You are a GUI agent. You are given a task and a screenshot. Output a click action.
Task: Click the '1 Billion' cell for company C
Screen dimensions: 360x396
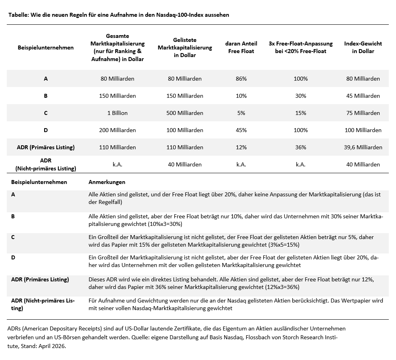[117, 113]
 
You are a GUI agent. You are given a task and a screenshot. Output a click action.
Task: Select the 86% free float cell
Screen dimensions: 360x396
[241, 79]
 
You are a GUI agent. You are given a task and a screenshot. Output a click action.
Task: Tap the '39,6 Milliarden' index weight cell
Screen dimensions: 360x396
[363, 147]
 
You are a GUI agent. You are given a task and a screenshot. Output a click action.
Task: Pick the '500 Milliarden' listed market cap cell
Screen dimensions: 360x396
[185, 113]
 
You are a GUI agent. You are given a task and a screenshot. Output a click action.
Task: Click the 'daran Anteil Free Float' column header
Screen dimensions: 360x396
[241, 47]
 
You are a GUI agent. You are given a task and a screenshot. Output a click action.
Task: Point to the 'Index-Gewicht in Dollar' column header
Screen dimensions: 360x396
[363, 47]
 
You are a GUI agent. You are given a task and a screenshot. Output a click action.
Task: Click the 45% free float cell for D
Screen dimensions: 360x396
[241, 130]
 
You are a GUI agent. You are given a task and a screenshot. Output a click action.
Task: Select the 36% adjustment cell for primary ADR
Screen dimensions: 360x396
[301, 147]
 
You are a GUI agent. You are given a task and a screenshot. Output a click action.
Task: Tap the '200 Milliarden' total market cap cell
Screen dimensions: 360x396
[117, 130]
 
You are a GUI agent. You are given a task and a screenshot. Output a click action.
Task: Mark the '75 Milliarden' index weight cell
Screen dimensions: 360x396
[363, 113]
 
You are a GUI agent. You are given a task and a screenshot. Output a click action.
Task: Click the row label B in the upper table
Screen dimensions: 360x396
[46, 96]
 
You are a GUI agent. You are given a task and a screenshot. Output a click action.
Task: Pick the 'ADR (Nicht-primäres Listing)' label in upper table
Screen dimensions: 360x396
[46, 164]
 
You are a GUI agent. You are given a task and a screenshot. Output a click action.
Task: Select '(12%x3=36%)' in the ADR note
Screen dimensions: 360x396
[282, 287]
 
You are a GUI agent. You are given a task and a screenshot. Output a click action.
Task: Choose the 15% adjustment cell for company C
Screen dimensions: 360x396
[301, 113]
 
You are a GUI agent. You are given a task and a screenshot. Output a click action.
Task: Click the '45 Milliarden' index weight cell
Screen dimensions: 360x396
[363, 96]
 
